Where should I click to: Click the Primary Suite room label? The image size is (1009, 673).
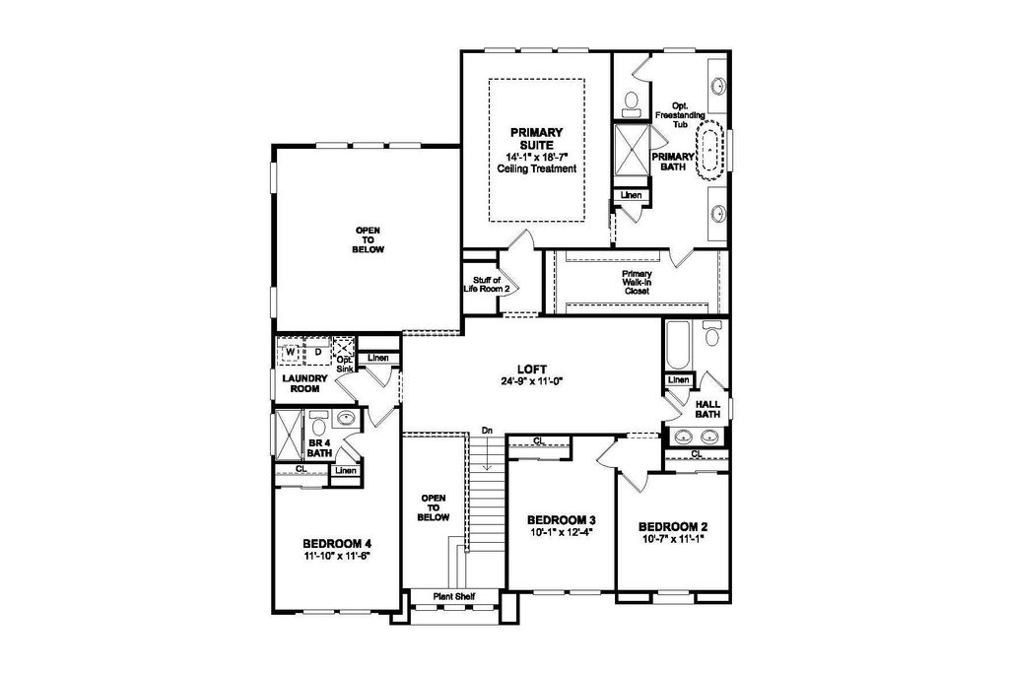tap(537, 138)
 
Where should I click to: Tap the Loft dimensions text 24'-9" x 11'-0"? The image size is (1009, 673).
tap(532, 380)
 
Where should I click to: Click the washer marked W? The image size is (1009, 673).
tap(291, 353)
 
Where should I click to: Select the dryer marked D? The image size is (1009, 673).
tap(317, 353)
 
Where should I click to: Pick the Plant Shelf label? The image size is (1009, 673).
tap(453, 596)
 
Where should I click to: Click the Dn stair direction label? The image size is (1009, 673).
tap(487, 430)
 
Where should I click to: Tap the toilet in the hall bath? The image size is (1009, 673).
tap(711, 332)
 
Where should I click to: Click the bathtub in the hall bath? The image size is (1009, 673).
tap(678, 346)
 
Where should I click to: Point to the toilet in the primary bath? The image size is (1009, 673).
tap(632, 102)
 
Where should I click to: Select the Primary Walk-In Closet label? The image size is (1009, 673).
tap(637, 283)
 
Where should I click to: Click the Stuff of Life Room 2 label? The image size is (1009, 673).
tap(487, 285)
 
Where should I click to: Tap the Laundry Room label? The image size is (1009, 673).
tap(305, 383)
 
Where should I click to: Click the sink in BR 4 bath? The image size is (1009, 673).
tap(346, 419)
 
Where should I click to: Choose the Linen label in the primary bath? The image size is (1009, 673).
tap(632, 195)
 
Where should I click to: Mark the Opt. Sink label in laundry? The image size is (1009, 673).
tap(344, 365)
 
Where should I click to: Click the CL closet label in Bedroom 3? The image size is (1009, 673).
tap(539, 441)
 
